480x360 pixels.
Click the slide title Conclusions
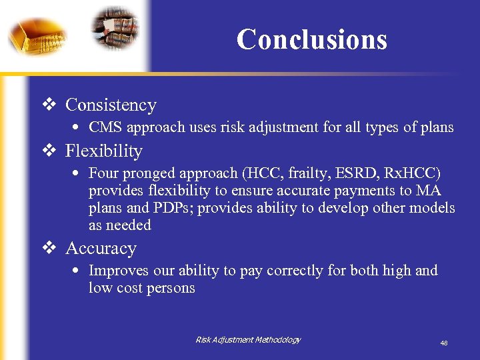[311, 39]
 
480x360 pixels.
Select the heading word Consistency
[111, 105]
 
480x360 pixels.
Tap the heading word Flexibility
[103, 151]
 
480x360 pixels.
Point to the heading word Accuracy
[101, 249]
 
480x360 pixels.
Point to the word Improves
[117, 271]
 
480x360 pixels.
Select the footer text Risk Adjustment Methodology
[248, 340]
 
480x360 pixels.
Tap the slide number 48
[443, 343]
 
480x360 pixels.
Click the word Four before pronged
[103, 173]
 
